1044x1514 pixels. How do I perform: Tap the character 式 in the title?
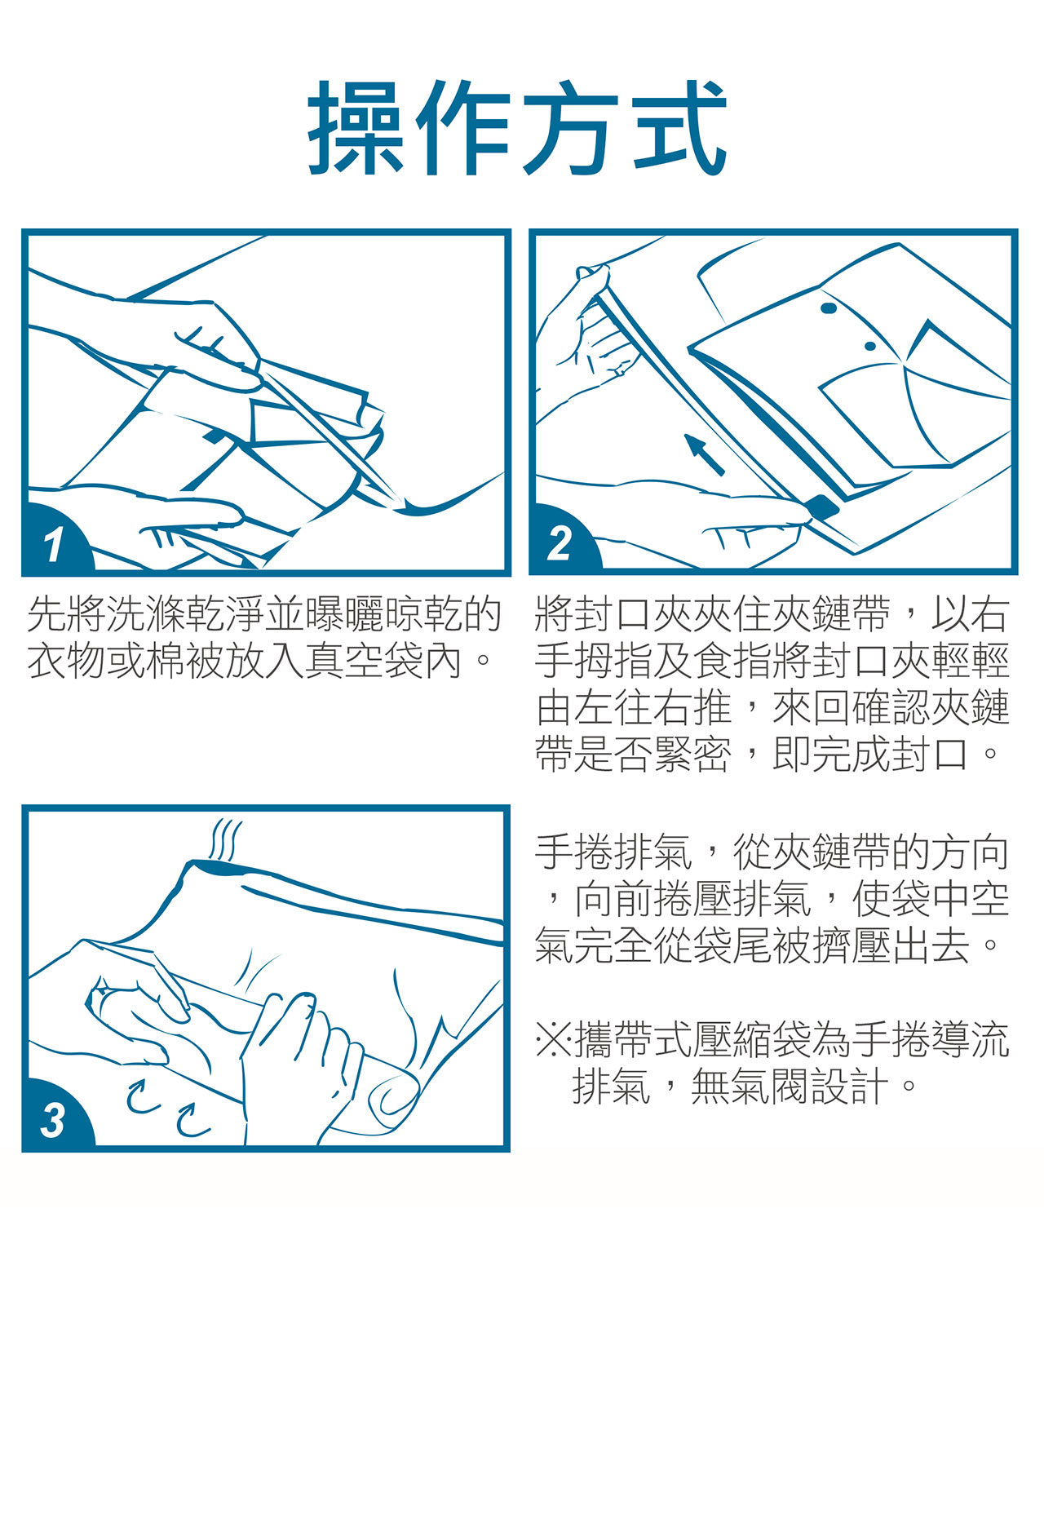click(x=678, y=128)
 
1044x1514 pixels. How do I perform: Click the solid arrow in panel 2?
click(x=704, y=454)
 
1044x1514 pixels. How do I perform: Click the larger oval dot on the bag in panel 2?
click(x=829, y=308)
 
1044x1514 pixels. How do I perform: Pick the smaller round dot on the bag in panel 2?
click(x=870, y=346)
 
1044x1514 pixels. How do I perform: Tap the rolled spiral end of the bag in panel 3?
click(x=395, y=1097)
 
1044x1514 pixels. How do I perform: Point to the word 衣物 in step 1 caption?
click(x=67, y=662)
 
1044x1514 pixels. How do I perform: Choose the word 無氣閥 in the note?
click(x=750, y=1087)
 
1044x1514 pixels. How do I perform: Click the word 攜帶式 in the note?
click(x=634, y=1040)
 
